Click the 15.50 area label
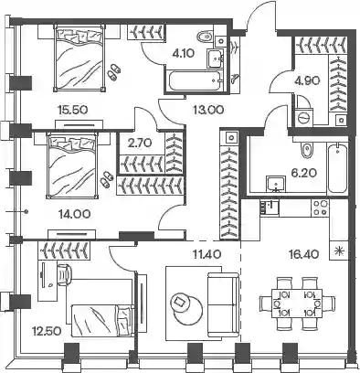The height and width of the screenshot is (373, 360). [x=72, y=110]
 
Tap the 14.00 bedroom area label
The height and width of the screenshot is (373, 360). [x=75, y=214]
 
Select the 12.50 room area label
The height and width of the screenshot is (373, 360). [x=48, y=331]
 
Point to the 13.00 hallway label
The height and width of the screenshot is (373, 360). [x=208, y=110]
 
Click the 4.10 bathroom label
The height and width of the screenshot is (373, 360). [x=183, y=54]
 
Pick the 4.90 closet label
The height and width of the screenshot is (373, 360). [x=308, y=80]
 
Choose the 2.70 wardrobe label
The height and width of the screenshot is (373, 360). [x=140, y=143]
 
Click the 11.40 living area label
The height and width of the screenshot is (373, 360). [x=207, y=253]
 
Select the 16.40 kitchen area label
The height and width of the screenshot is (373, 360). [x=303, y=253]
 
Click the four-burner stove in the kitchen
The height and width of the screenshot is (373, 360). [x=321, y=208]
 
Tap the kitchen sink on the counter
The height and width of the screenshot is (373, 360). [x=270, y=208]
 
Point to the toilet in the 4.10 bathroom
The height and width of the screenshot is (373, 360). [x=205, y=37]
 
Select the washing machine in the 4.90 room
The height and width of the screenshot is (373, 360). [x=304, y=117]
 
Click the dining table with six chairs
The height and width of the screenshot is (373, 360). [x=297, y=304]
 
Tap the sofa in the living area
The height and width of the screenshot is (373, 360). [x=223, y=304]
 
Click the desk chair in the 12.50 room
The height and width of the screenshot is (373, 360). [x=63, y=274]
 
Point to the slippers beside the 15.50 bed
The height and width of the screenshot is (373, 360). [x=114, y=72]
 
